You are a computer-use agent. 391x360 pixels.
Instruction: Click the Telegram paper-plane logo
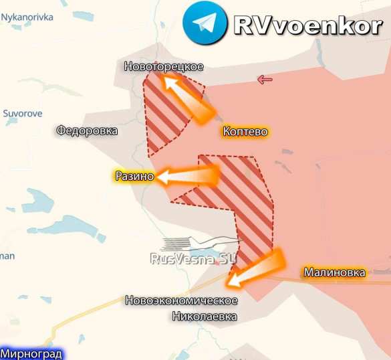203,24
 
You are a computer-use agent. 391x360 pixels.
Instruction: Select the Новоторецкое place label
164,66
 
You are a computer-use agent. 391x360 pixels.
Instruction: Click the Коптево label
245,132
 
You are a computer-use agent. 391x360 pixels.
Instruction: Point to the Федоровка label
87,131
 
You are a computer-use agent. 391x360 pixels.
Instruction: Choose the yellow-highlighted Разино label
134,177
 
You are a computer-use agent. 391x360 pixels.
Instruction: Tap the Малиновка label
334,272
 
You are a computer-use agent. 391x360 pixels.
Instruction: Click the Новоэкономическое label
182,300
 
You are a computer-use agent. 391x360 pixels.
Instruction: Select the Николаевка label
204,316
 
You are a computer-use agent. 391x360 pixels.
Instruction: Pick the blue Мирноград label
31,353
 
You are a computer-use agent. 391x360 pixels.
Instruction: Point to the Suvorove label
23,113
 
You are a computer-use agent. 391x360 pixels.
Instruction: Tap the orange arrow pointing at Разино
188,176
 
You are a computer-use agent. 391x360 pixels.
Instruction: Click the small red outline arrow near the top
265,80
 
